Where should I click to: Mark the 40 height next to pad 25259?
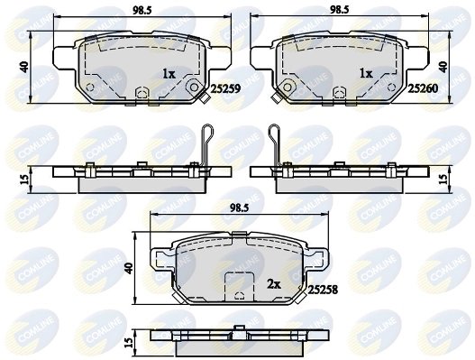[25, 66]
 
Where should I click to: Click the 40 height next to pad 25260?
[443, 66]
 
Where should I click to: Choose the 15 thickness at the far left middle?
[25, 177]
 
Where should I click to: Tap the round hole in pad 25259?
[191, 88]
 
